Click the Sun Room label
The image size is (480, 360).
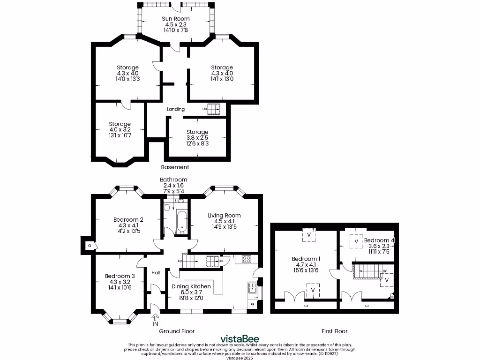[176, 19]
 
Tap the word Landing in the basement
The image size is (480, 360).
[176, 109]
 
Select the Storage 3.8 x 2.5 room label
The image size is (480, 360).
[197, 132]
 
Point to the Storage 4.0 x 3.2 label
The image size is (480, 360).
[120, 124]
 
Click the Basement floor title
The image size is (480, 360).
[175, 167]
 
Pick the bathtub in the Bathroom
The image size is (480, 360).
[182, 221]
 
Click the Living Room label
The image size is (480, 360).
[224, 216]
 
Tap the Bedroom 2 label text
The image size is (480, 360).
[128, 219]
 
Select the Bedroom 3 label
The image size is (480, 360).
[120, 276]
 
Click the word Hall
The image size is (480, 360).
[156, 272]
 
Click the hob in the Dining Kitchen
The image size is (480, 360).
[247, 259]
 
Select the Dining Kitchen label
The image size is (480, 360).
[190, 286]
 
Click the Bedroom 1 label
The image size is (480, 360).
[306, 259]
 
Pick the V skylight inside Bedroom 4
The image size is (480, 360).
[356, 241]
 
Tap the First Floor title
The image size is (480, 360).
[334, 331]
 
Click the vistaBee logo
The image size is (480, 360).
[240, 339]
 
